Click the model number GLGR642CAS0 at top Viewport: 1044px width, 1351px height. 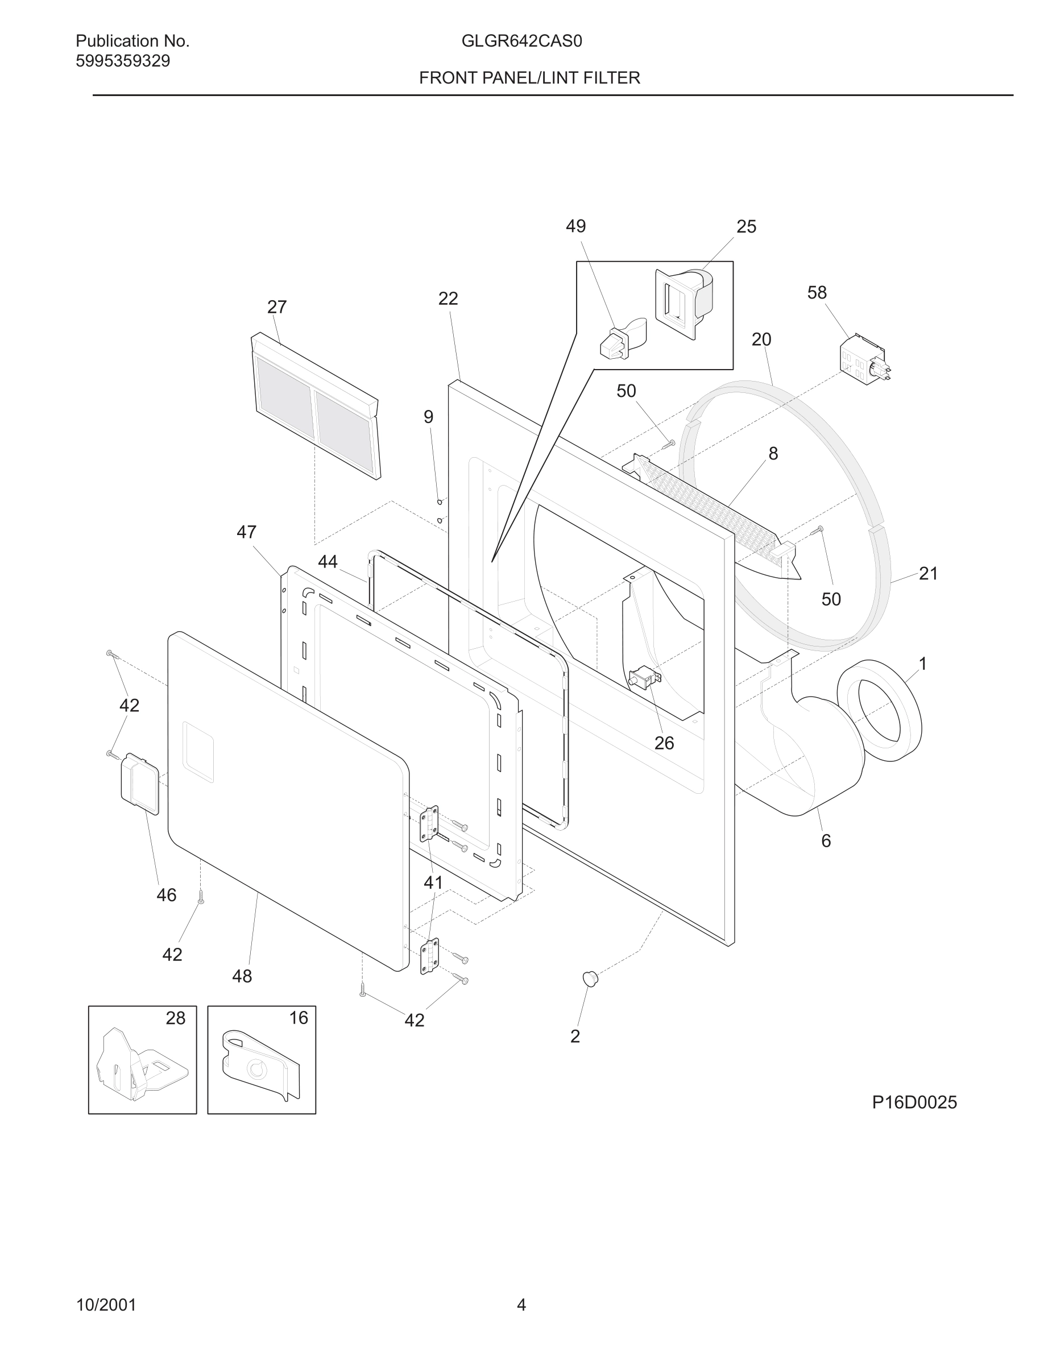point(521,41)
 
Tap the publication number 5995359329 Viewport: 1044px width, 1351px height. point(122,61)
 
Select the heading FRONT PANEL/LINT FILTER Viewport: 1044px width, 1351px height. point(529,78)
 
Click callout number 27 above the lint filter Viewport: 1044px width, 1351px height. point(276,307)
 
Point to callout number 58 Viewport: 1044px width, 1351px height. point(817,293)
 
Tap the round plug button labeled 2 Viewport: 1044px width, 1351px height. point(591,979)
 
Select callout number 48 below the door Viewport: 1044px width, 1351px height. point(242,976)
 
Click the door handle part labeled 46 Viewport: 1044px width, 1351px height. point(140,784)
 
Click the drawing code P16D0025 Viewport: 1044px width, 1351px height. point(914,1103)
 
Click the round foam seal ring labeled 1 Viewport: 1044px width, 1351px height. point(879,710)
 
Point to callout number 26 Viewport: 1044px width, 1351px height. point(664,743)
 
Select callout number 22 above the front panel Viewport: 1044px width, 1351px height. point(448,299)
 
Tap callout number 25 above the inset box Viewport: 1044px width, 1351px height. point(746,227)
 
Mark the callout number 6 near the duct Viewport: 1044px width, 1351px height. point(826,840)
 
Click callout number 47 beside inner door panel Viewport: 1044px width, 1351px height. point(246,532)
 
